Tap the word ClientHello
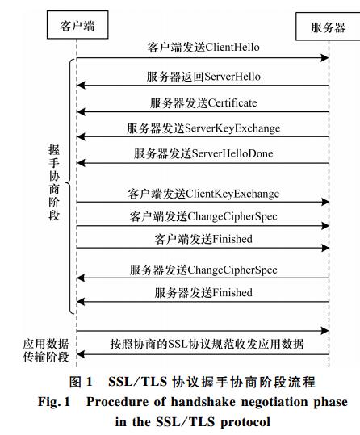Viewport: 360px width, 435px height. pyautogui.click(x=232, y=47)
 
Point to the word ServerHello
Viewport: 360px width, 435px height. pyautogui.click(x=232, y=77)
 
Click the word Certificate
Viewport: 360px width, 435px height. pyautogui.click(x=232, y=103)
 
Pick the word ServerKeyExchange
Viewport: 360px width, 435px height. pyautogui.click(x=232, y=128)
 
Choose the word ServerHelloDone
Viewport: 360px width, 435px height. pyautogui.click(x=232, y=153)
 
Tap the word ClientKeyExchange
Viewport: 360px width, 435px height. pyautogui.click(x=232, y=194)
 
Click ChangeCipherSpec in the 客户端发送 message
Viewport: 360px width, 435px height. pyautogui.click(x=232, y=216)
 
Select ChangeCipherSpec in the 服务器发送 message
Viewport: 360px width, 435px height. pyautogui.click(x=232, y=270)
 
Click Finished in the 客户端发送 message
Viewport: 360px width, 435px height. pyautogui.click(x=233, y=239)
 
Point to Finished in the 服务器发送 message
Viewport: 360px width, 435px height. pyautogui.click(x=233, y=292)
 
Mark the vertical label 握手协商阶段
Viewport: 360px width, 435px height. pyautogui.click(x=54, y=182)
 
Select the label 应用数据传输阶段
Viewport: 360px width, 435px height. pyautogui.click(x=46, y=350)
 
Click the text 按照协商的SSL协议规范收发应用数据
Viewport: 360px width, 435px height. pyautogui.click(x=207, y=344)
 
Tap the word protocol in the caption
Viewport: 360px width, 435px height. pyautogui.click(x=245, y=422)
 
